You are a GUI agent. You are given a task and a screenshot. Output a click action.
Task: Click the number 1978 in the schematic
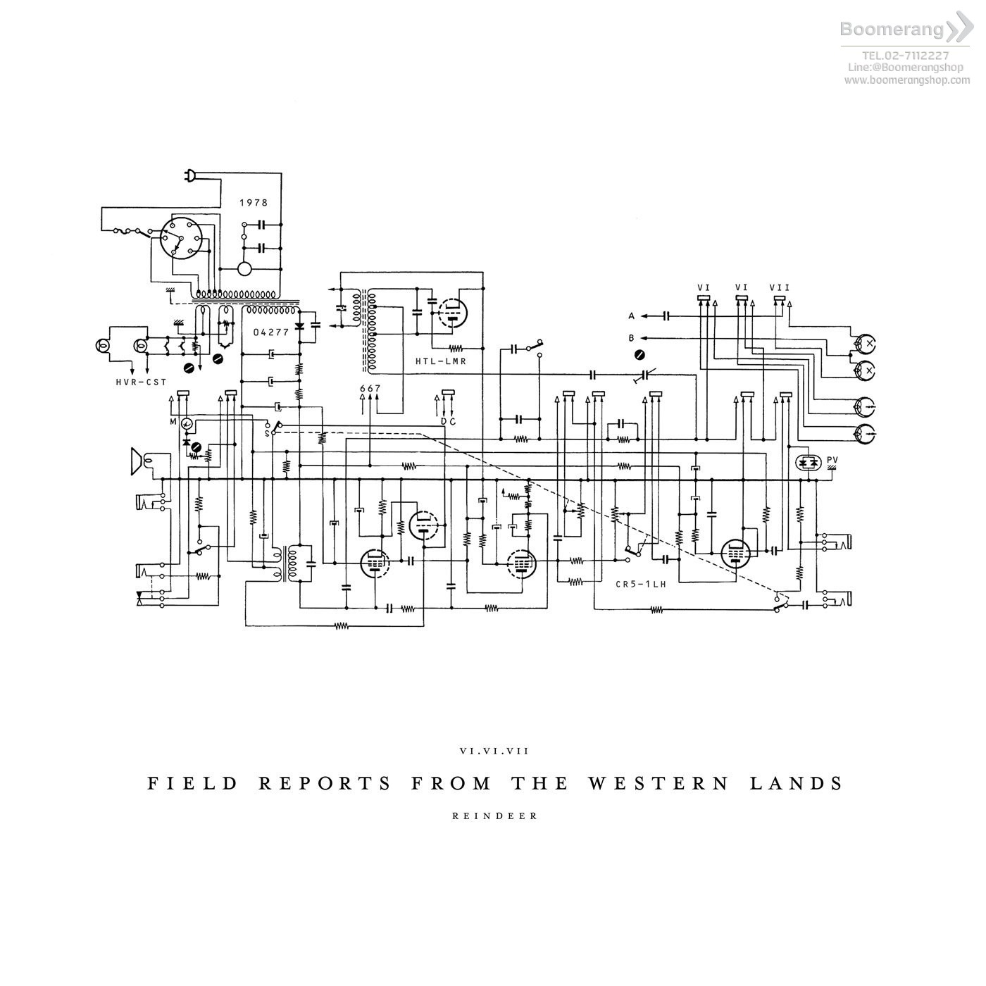point(254,203)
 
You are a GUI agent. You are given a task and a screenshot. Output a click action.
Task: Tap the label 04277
point(271,332)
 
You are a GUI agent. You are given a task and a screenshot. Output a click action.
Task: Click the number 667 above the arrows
point(370,389)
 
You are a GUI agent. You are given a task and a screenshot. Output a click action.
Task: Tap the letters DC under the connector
point(448,421)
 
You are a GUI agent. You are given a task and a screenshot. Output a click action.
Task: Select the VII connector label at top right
point(780,287)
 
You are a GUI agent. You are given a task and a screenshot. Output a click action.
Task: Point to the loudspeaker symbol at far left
point(138,461)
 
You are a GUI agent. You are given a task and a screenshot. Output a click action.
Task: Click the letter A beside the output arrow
point(632,316)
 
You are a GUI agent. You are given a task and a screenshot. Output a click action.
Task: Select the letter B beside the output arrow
point(632,338)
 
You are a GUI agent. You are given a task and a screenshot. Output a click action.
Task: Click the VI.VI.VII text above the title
point(494,751)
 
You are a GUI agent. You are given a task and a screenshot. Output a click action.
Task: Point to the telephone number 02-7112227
point(906,56)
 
